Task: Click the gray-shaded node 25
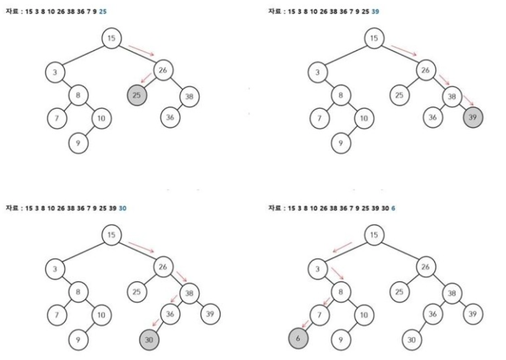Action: (x=137, y=95)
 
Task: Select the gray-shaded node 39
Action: (x=473, y=118)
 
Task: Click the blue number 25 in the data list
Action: (x=102, y=12)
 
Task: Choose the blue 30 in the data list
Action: (x=123, y=209)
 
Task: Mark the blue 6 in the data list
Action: (x=393, y=209)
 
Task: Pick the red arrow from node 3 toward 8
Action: (x=337, y=273)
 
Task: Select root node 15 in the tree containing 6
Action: (x=374, y=235)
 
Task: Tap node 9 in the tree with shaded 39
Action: (x=341, y=142)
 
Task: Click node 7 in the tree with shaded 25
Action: (x=56, y=118)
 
